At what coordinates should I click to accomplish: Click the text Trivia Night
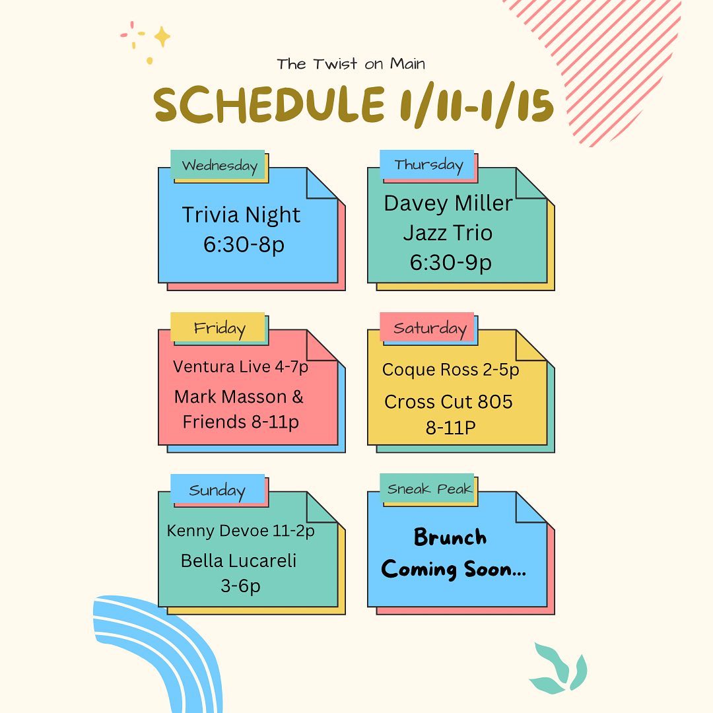[241, 215]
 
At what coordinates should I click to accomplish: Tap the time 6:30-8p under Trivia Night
[244, 245]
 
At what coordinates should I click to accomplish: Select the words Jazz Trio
[448, 233]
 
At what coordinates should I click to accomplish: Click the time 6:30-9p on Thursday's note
[451, 262]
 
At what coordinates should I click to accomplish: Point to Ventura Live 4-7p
[240, 366]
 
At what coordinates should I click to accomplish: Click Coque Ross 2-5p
[451, 370]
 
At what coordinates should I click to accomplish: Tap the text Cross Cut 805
[448, 401]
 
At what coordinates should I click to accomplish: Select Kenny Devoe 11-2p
[240, 531]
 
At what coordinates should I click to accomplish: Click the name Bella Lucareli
[238, 560]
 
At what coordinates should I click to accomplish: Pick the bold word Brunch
[450, 537]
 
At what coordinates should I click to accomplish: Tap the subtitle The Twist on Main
[351, 64]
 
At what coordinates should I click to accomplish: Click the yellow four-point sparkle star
[162, 37]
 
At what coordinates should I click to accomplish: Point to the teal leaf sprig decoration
[559, 667]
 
